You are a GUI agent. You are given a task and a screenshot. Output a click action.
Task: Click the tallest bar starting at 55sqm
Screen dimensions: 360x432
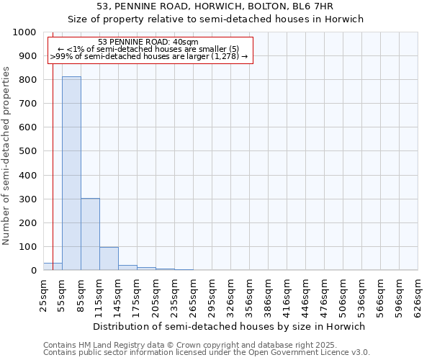(71, 173)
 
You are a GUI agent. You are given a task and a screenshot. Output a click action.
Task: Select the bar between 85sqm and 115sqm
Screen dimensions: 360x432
(90, 234)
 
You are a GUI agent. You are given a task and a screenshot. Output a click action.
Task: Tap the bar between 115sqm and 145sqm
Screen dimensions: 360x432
(109, 258)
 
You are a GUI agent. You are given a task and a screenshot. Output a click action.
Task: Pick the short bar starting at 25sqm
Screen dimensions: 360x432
(53, 266)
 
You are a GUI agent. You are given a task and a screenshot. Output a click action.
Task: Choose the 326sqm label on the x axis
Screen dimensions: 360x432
(230, 294)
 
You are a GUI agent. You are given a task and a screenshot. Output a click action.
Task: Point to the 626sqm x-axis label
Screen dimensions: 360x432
(418, 294)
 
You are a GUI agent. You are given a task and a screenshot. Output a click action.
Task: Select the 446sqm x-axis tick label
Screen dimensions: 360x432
(305, 294)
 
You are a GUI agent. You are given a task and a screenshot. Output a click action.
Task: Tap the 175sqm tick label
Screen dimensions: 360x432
(137, 294)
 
